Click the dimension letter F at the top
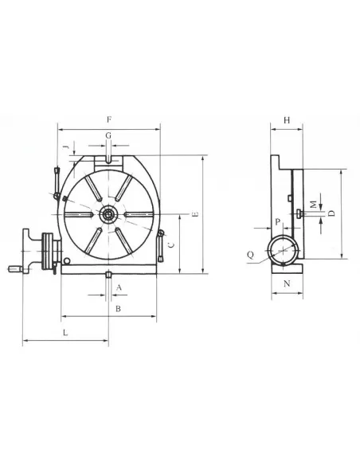click(108, 119)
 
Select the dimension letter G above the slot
click(108, 137)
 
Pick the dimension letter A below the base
click(118, 286)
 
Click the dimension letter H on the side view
click(287, 119)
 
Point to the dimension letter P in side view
click(276, 222)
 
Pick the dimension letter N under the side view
click(286, 283)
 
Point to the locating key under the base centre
click(108, 275)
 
